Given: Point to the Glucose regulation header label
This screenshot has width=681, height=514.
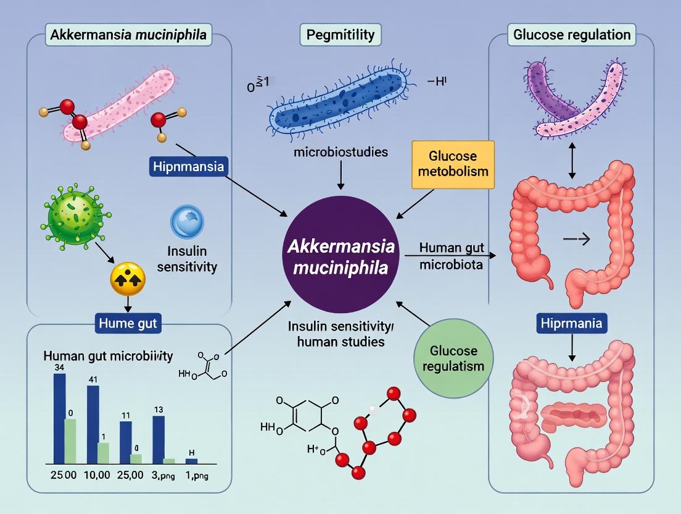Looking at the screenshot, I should (x=572, y=34).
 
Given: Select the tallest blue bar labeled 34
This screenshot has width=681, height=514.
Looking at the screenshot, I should (x=59, y=418).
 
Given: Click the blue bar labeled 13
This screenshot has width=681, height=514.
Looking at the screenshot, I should (x=159, y=439).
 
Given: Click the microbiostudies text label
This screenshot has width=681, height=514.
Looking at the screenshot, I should (x=340, y=151).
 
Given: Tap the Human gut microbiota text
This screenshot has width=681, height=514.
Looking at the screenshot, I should (x=449, y=256).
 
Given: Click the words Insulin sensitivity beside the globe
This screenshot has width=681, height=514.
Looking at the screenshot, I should (x=192, y=259).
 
